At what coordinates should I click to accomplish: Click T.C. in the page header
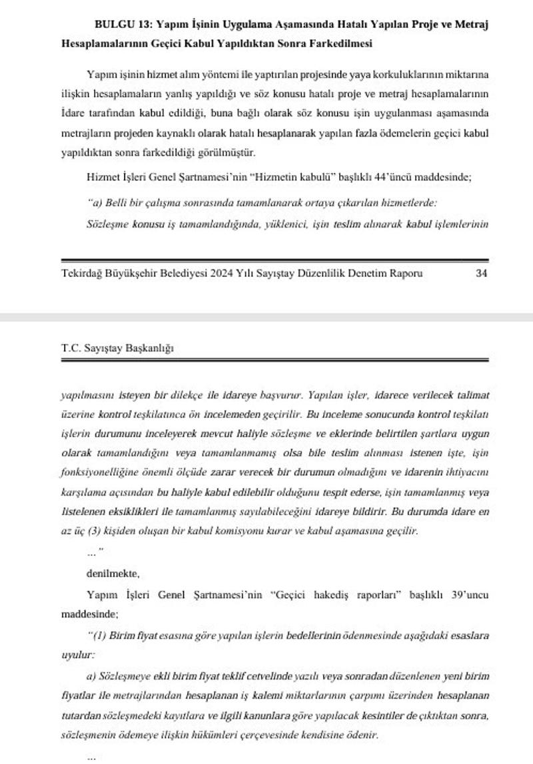pyautogui.click(x=70, y=347)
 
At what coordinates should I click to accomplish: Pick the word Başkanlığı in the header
pyautogui.click(x=151, y=347)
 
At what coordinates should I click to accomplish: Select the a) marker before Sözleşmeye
pyautogui.click(x=92, y=676)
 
